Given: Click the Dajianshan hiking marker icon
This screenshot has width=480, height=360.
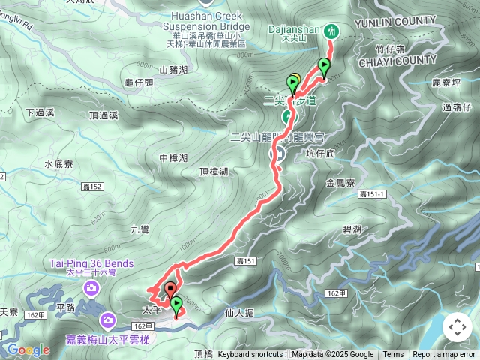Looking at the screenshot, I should (331, 31).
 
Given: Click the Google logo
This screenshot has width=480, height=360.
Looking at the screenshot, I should (28, 349).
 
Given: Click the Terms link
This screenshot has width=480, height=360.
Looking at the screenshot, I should (393, 355).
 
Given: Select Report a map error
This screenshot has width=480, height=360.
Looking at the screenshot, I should (444, 355).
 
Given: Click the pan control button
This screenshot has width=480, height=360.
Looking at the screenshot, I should (457, 327).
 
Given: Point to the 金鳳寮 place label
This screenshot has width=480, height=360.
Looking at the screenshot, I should (342, 182).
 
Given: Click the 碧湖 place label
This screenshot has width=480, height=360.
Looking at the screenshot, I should (351, 229).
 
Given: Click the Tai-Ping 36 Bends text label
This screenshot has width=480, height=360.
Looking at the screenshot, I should (91, 263).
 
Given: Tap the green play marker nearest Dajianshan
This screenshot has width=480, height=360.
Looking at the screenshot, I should (324, 66).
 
